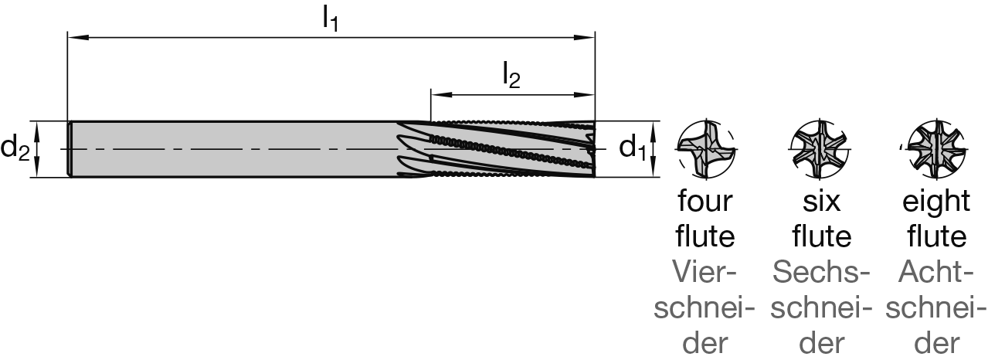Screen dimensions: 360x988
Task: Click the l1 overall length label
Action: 331,19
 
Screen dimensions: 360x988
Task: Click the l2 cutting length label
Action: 511,76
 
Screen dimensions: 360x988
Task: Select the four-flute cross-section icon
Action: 705,148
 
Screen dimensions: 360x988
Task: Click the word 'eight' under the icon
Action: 936,202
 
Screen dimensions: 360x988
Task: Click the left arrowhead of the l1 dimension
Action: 74,36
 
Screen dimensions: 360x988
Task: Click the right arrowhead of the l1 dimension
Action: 590,36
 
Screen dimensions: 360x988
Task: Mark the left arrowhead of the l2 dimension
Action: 436,95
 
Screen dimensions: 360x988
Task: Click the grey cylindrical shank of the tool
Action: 232,149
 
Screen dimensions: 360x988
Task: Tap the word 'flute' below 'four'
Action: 705,236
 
